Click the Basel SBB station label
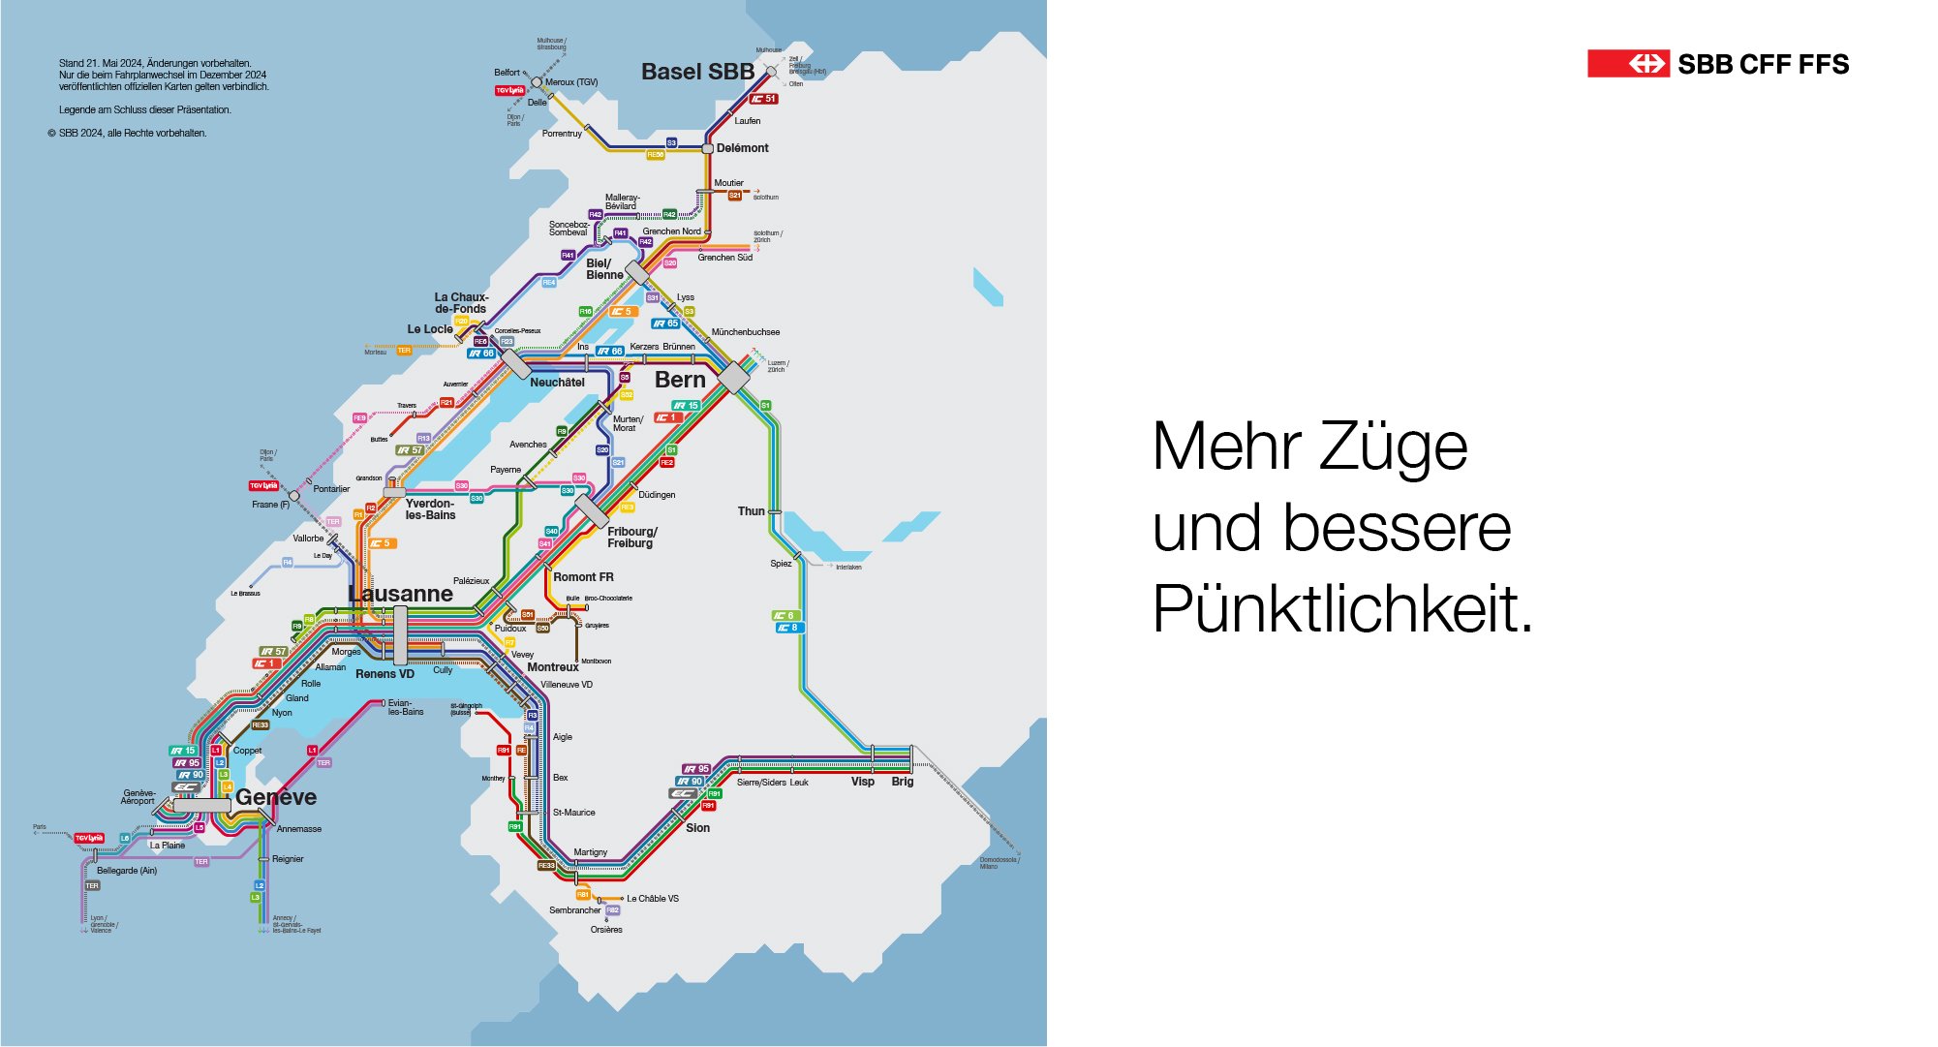(697, 72)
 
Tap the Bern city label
(680, 380)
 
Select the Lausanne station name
(401, 594)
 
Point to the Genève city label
(276, 797)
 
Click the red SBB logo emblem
(1628, 64)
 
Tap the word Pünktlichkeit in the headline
(1342, 608)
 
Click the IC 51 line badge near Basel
(764, 99)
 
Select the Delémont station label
(742, 148)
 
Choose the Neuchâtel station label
(557, 383)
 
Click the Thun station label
(751, 511)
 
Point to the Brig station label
(902, 782)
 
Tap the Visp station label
(862, 782)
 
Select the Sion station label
(697, 828)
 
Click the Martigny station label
(590, 852)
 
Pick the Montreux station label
(552, 667)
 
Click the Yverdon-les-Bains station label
(430, 509)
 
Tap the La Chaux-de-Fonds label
(461, 303)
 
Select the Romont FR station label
(583, 577)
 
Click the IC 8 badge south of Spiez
(787, 628)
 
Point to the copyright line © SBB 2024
(127, 134)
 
